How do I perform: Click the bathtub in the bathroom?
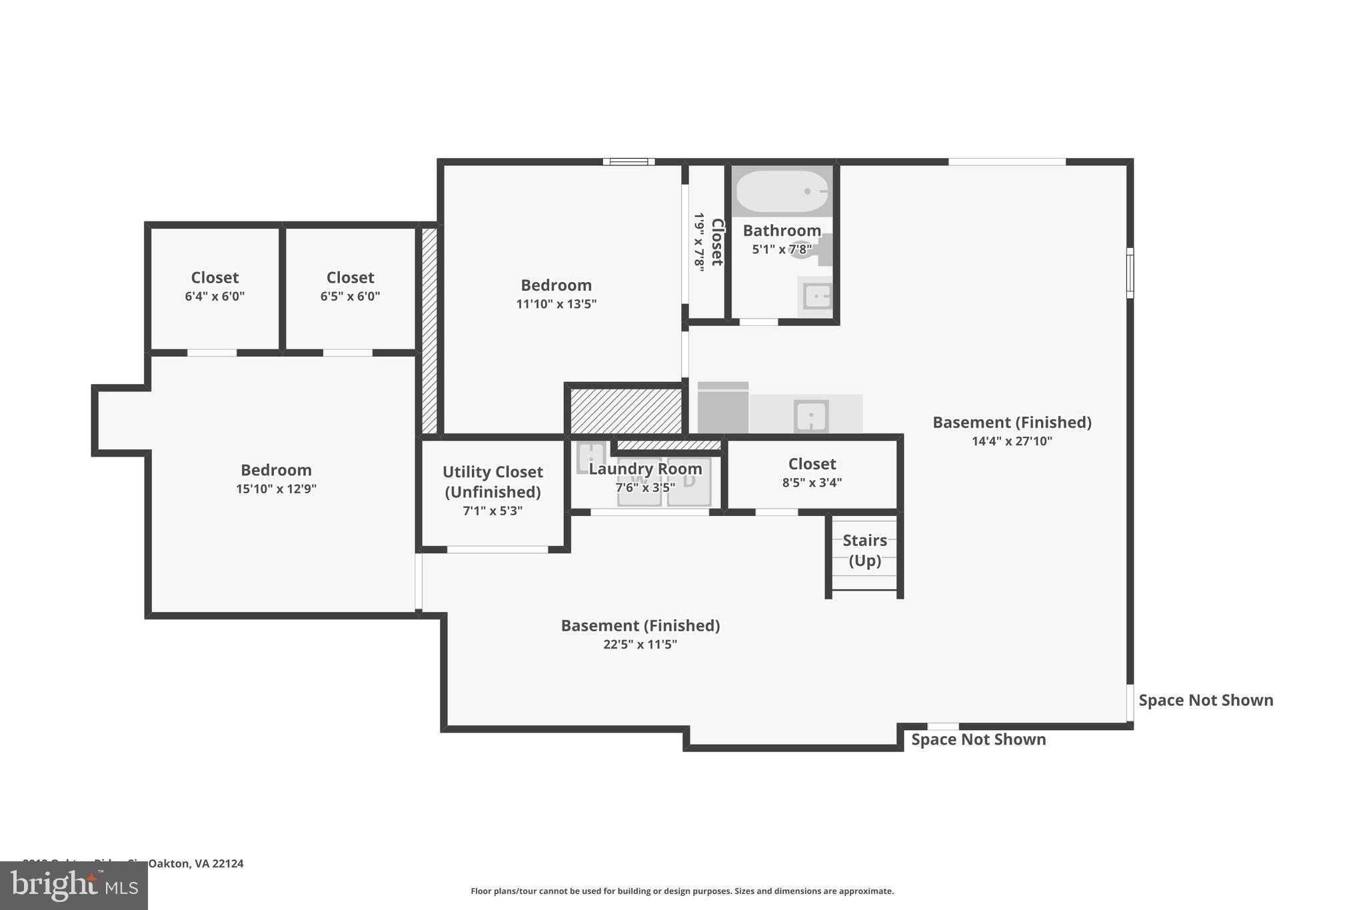[782, 191]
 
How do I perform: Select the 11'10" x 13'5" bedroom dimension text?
[556, 305]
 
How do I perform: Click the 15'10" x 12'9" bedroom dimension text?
[276, 489]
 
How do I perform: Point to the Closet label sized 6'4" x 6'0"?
[215, 278]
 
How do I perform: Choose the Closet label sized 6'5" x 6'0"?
[350, 278]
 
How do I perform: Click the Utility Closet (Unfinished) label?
[493, 482]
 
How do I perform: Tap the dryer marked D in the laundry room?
[689, 481]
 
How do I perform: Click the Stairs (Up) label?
[864, 550]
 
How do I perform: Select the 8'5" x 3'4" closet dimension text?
[812, 483]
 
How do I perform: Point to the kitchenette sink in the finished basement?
[811, 417]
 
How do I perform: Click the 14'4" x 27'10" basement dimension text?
[1012, 441]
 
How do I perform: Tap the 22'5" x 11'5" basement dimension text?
[640, 645]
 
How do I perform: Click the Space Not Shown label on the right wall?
[1206, 700]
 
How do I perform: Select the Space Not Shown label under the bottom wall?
[978, 739]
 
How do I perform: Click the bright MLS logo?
[74, 885]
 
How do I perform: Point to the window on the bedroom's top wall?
[629, 161]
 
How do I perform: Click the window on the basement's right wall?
[1130, 273]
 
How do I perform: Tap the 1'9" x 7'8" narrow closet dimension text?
[698, 242]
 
